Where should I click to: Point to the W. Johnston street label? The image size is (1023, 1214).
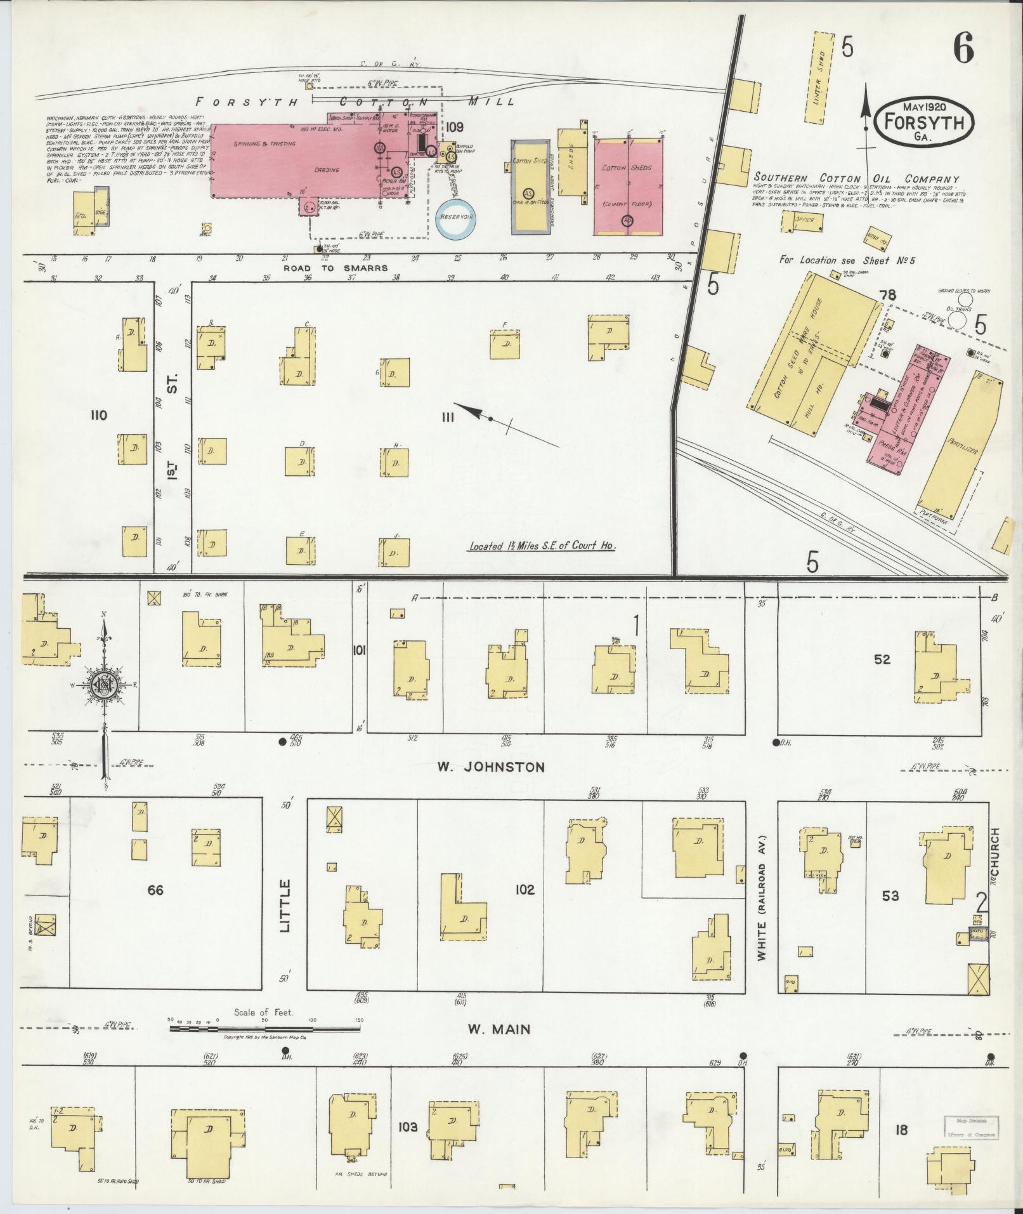click(x=491, y=767)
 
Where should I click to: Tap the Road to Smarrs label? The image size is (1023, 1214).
click(x=335, y=268)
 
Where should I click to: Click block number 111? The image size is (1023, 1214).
click(x=448, y=417)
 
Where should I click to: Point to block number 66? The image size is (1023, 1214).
click(x=155, y=890)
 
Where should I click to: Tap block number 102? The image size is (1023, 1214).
click(x=525, y=890)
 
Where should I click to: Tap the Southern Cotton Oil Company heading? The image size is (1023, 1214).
click(x=856, y=179)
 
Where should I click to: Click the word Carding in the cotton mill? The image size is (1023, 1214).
click(x=327, y=170)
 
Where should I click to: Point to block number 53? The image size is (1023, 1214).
click(x=890, y=896)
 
